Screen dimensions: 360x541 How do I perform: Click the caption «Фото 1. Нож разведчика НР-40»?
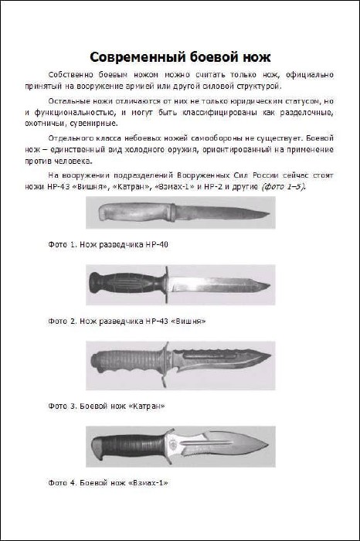[108, 245]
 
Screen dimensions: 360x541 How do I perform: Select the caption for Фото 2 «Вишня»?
[127, 322]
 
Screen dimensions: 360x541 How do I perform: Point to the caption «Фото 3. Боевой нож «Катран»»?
[107, 406]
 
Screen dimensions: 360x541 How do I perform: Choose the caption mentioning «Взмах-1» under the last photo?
[108, 483]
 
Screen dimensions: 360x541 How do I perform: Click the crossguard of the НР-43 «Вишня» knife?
[167, 284]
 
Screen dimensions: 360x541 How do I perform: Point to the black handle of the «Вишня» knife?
[127, 283]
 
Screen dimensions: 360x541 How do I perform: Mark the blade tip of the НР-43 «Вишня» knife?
[269, 285]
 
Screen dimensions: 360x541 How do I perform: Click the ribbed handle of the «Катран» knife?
[126, 361]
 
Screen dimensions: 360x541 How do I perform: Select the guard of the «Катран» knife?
[165, 364]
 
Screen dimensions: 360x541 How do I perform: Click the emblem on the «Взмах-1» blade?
[173, 446]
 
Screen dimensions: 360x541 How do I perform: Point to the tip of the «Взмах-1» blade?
[269, 444]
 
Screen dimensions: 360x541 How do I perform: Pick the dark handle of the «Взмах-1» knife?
[128, 446]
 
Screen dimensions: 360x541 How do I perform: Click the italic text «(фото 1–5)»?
[284, 187]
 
